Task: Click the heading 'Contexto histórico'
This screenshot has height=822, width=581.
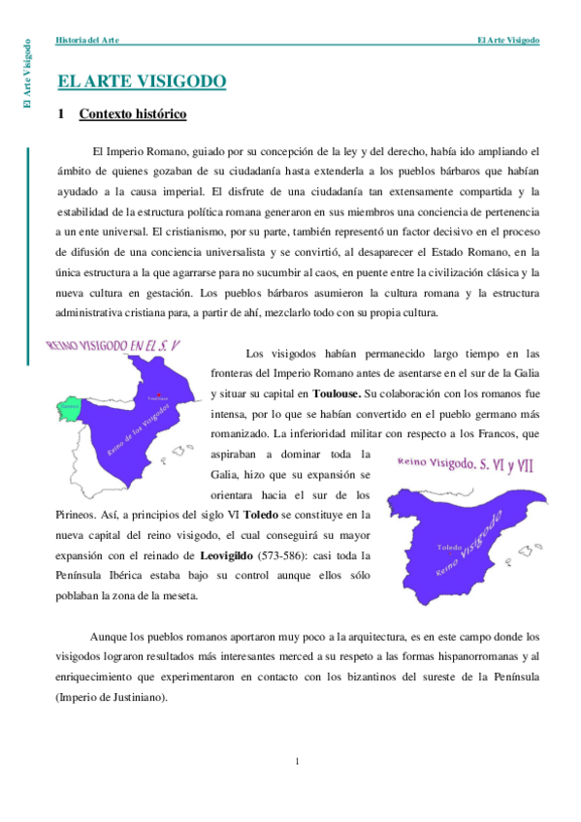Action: (x=132, y=114)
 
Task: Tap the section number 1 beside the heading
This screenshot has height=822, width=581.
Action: (x=61, y=114)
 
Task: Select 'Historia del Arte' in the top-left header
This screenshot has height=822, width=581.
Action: (x=87, y=40)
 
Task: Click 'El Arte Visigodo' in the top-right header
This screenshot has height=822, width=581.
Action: (x=508, y=40)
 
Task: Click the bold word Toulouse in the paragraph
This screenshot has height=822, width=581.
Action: (x=337, y=394)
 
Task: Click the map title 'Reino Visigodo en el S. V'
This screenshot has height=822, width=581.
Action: (x=113, y=346)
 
